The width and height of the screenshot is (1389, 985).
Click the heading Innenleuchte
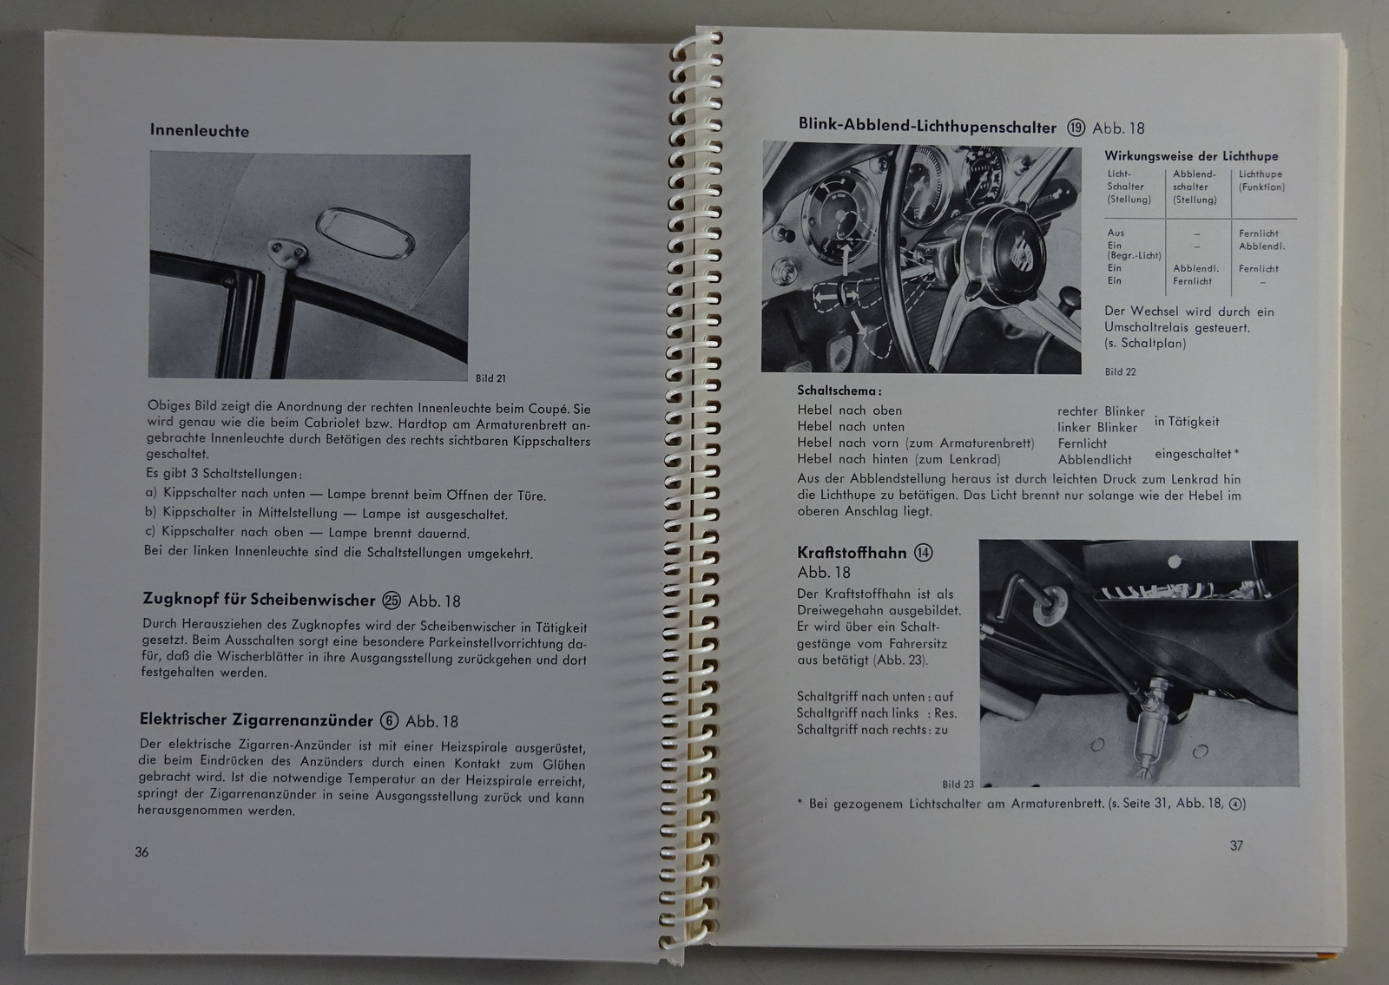(199, 130)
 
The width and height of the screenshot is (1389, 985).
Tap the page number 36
(142, 851)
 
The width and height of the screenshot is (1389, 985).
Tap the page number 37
(1236, 845)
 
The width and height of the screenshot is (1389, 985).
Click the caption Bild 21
(490, 378)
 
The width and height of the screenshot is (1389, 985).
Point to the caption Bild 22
(1120, 372)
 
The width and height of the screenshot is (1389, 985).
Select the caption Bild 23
(958, 785)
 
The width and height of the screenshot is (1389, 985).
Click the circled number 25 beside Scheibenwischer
(392, 600)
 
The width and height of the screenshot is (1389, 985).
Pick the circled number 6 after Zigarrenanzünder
(389, 720)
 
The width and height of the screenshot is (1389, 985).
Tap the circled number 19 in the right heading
(1076, 128)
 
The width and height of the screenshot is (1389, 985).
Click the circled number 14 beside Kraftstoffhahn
(924, 552)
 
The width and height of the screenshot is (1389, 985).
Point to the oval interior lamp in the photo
(365, 233)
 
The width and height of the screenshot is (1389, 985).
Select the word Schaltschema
(839, 391)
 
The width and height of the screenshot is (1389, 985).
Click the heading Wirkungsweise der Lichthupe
(1191, 155)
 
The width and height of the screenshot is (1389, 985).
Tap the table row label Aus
(1116, 233)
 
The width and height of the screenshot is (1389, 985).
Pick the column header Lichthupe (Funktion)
(1262, 181)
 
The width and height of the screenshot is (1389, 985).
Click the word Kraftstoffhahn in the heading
(852, 552)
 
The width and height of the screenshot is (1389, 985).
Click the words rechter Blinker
(1101, 411)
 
